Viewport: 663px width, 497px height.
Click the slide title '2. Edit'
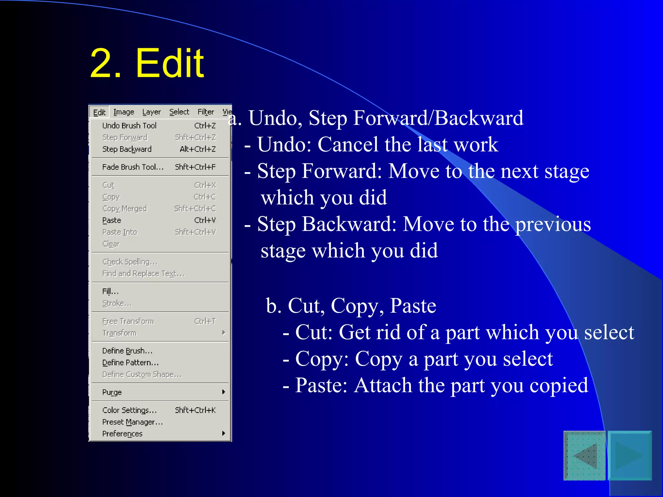(147, 63)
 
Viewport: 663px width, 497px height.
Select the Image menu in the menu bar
(124, 112)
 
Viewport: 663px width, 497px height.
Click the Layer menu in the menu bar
(151, 112)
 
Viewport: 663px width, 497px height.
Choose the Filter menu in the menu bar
(206, 112)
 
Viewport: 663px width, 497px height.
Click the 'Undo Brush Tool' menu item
(129, 126)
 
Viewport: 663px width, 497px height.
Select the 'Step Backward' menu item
(127, 149)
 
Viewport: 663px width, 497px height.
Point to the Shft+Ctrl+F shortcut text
(195, 167)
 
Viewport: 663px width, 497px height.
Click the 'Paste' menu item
(112, 220)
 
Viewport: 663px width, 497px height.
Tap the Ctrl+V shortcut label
(205, 220)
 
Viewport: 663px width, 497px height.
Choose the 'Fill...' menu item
(110, 292)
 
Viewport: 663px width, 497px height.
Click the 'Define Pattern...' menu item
(130, 363)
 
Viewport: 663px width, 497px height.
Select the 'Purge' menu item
(112, 392)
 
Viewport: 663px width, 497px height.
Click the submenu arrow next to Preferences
(223, 433)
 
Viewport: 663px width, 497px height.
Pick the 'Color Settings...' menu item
(129, 410)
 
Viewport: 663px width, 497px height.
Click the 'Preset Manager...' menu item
(132, 422)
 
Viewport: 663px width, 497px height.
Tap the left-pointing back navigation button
(585, 456)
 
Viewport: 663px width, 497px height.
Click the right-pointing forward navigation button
(630, 456)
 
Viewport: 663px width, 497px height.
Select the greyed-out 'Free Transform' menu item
(128, 321)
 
